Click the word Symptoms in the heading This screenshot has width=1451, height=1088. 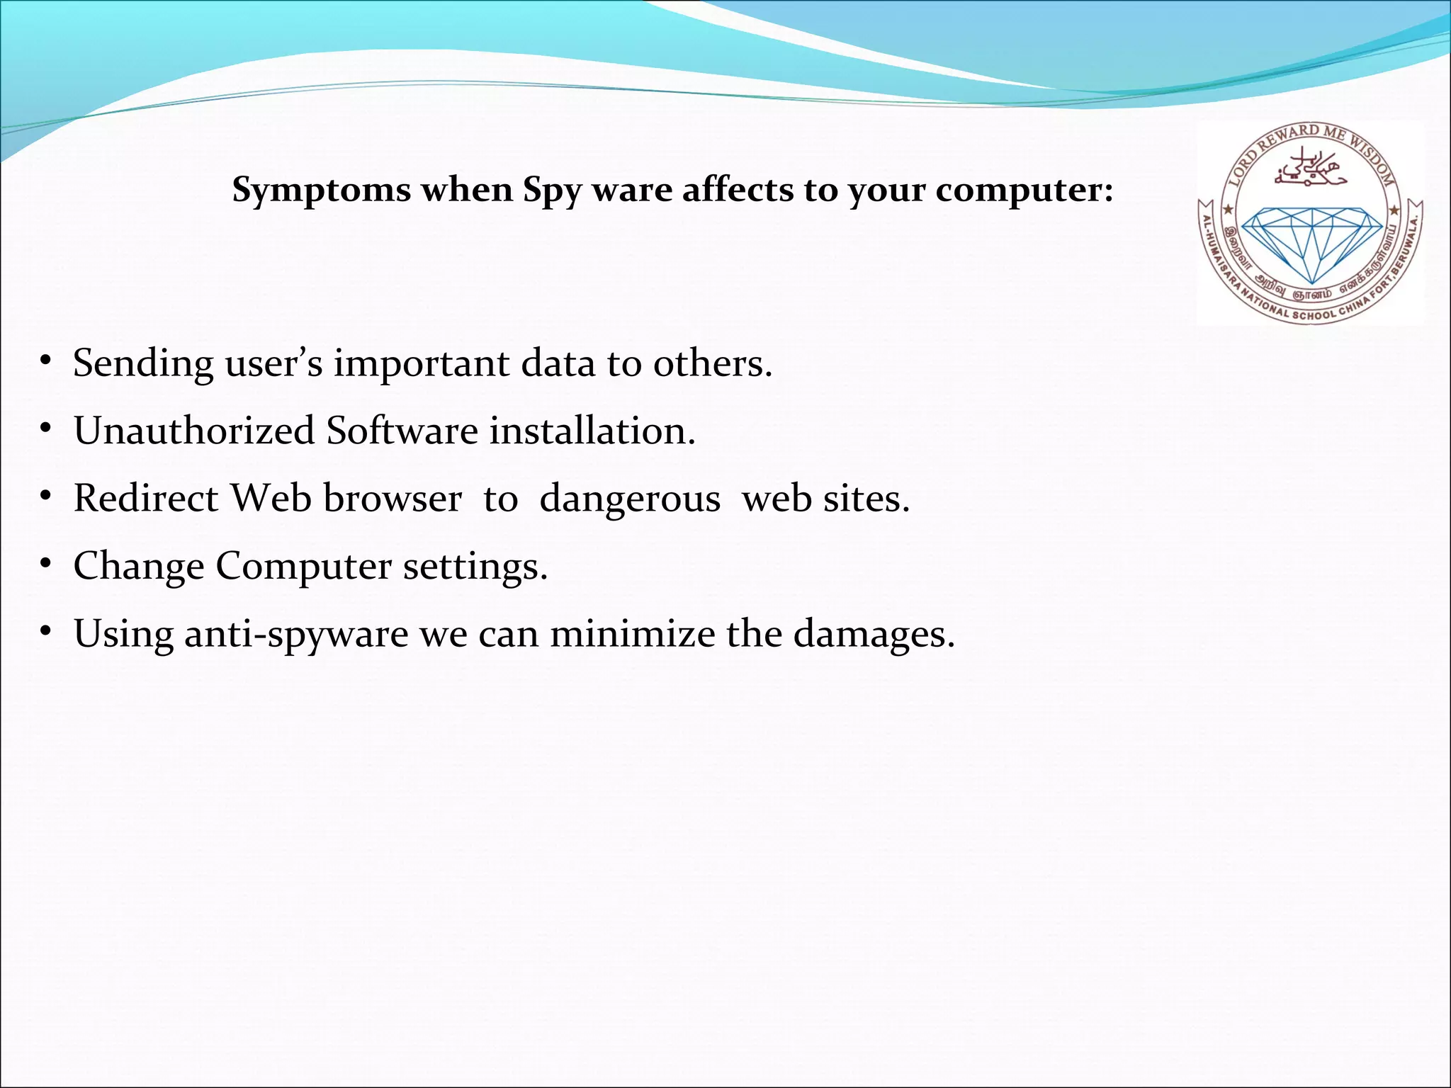tap(322, 191)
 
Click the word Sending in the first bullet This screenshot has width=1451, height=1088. tap(143, 363)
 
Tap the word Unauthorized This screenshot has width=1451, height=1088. tap(193, 431)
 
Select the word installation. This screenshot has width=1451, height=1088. tap(592, 431)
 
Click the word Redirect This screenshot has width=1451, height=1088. tap(146, 498)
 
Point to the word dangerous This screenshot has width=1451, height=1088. tap(629, 498)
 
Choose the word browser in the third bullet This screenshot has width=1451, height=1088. tap(393, 498)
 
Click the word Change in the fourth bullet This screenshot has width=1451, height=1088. tap(138, 566)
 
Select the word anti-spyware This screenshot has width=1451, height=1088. tap(296, 633)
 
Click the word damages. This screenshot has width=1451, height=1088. tap(874, 633)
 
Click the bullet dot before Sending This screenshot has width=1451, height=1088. tap(45, 362)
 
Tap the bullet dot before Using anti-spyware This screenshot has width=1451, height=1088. tap(45, 632)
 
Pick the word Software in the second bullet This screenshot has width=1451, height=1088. tap(402, 431)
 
